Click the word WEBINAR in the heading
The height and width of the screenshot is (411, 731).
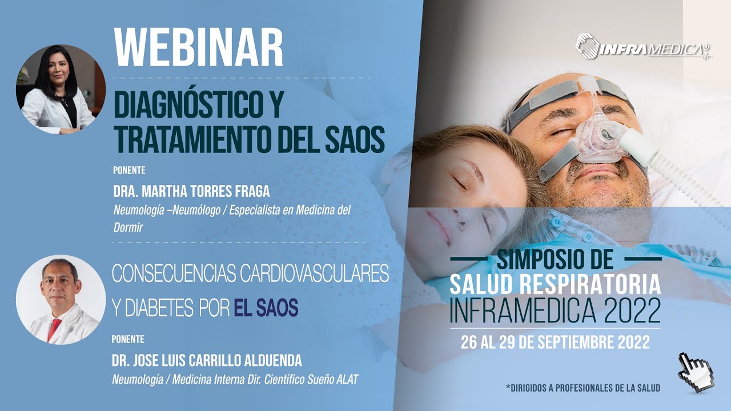tap(199, 47)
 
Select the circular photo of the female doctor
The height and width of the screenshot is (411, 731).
tap(61, 89)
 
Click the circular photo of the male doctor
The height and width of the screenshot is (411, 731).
tap(61, 300)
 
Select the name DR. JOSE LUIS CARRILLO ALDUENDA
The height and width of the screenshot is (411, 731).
tap(207, 360)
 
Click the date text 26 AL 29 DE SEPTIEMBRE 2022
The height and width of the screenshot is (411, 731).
tap(555, 342)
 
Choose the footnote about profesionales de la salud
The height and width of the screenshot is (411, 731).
tap(583, 388)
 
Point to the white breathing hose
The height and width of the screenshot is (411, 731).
tap(674, 166)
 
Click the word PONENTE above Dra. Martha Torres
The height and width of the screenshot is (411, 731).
tap(128, 170)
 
